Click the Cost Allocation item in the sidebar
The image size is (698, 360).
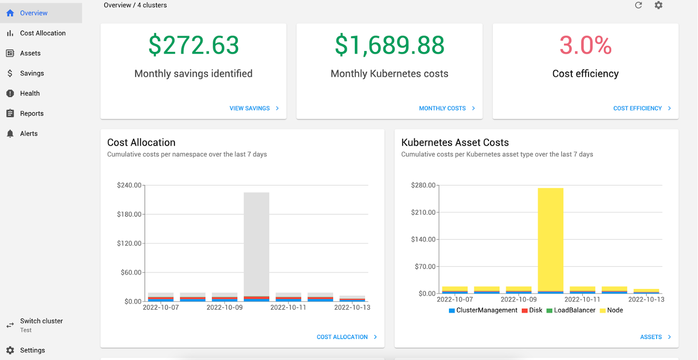pyautogui.click(x=43, y=33)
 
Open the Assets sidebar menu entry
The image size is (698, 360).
pyautogui.click(x=30, y=53)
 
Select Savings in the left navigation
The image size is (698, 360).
pyautogui.click(x=32, y=73)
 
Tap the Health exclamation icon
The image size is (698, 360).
pyautogui.click(x=10, y=93)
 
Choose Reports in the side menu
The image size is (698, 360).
pyautogui.click(x=31, y=113)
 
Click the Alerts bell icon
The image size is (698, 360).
pyautogui.click(x=10, y=134)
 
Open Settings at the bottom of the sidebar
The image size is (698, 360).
pyautogui.click(x=32, y=350)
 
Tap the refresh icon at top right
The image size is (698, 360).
pyautogui.click(x=638, y=5)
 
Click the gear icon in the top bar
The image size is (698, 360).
pyautogui.click(x=658, y=5)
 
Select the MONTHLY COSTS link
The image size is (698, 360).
pyautogui.click(x=447, y=108)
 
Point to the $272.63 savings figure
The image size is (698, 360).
pyautogui.click(x=194, y=45)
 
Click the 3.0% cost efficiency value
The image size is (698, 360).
pyautogui.click(x=585, y=45)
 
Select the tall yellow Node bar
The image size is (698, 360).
pyautogui.click(x=550, y=240)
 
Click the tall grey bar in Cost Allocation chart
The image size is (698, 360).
pyautogui.click(x=257, y=244)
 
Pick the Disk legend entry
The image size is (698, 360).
pyautogui.click(x=532, y=310)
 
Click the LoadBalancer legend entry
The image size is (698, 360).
pyautogui.click(x=571, y=310)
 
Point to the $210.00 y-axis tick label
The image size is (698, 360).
pyautogui.click(x=423, y=212)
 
